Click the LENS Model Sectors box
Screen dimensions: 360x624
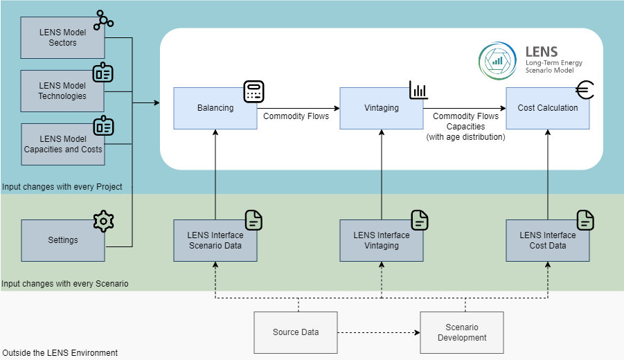point(62,37)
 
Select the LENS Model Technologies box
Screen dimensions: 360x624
point(62,91)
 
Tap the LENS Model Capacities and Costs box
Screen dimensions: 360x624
point(62,144)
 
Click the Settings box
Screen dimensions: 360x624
point(62,240)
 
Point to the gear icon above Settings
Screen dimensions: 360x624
point(103,222)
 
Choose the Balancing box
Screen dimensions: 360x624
point(215,108)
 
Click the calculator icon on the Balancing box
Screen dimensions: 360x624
point(254,91)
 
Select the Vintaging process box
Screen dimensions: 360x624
point(381,108)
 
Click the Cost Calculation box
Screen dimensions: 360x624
point(547,108)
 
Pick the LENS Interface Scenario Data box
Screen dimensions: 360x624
point(215,240)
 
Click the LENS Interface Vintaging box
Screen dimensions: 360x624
point(381,240)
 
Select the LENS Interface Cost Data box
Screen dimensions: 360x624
point(547,240)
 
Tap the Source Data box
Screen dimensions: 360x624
point(296,332)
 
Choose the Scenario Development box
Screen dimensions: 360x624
point(462,332)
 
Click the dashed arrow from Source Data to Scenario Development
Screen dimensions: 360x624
point(379,332)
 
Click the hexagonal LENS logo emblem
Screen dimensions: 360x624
point(497,60)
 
